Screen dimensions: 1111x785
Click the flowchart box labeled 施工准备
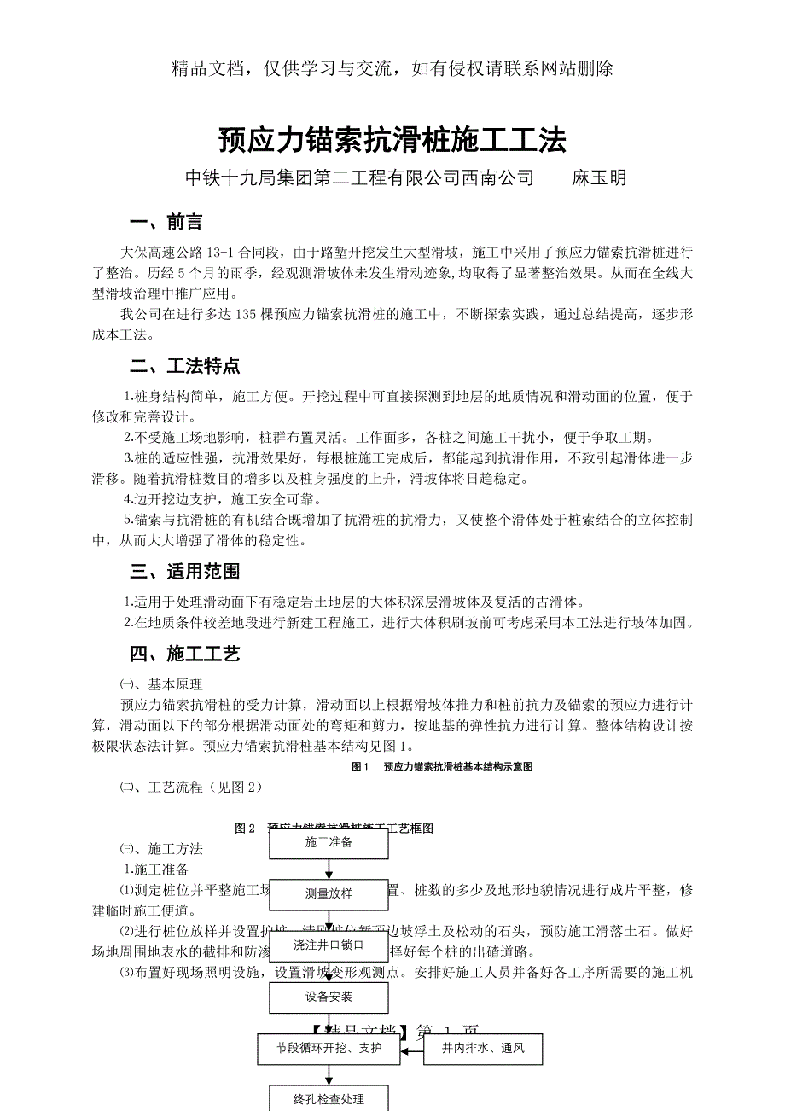tap(329, 843)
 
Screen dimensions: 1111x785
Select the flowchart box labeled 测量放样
tap(329, 894)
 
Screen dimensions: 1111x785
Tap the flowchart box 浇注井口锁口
tap(329, 945)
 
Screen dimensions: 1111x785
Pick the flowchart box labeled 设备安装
tap(329, 997)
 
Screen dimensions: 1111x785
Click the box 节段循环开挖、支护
tap(329, 1049)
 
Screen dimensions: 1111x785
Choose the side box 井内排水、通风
tap(484, 1049)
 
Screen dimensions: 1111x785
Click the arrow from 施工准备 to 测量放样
tap(329, 869)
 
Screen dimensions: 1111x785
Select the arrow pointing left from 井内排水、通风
tap(412, 1049)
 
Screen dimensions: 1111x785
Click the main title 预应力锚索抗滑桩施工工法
tap(392, 140)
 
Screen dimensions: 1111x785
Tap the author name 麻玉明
tap(599, 178)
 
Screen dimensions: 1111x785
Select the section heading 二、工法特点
tap(184, 367)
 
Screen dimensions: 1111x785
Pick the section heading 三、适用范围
tap(184, 572)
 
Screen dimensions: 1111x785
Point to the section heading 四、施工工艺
tap(184, 654)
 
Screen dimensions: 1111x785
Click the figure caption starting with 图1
tap(442, 767)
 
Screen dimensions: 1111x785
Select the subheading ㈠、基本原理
tap(160, 684)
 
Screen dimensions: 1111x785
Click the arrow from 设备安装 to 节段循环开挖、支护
tap(329, 1022)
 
